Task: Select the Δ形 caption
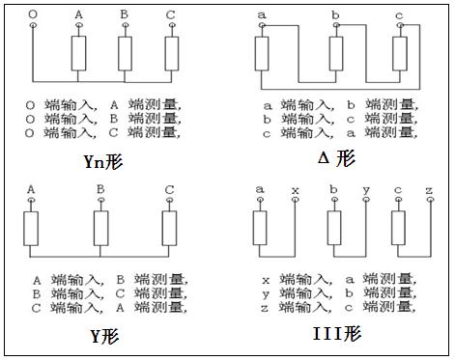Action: [x=333, y=157]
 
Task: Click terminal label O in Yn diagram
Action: [x=34, y=14]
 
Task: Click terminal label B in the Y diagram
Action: [x=100, y=189]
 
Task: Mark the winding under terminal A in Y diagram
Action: [x=31, y=229]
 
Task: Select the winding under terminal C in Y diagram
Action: [x=170, y=229]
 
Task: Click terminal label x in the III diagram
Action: [x=295, y=189]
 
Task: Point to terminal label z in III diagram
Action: [x=428, y=189]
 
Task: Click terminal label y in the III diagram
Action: [x=365, y=189]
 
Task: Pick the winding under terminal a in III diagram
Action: [x=260, y=229]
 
